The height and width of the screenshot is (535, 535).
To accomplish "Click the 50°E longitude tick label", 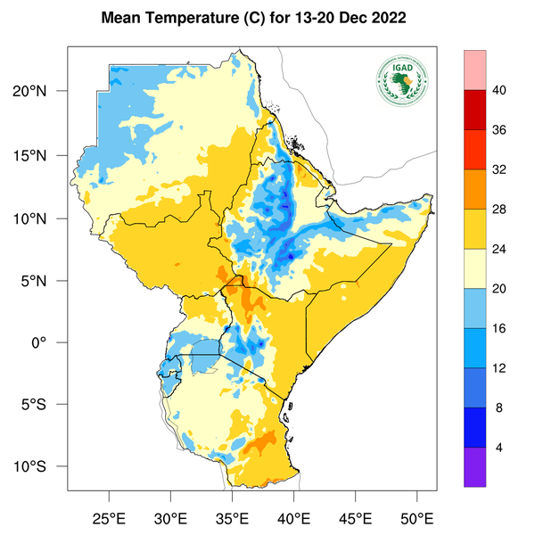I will coord(416,516).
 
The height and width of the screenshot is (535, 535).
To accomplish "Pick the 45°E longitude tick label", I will coord(355,516).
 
